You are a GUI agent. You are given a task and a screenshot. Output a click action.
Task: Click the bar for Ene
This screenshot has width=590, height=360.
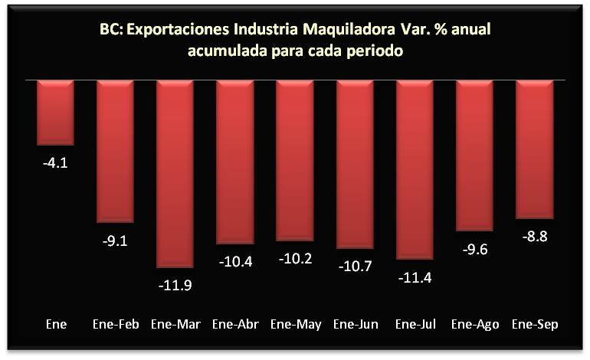[56, 112]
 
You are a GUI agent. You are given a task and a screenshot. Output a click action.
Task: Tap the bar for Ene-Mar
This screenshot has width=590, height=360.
[175, 173]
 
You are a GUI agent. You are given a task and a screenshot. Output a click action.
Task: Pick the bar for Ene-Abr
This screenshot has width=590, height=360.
[235, 162]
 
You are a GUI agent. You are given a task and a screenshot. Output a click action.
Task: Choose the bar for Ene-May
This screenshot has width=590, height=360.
[295, 160]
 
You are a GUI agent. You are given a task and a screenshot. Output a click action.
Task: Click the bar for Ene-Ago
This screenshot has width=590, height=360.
[475, 155]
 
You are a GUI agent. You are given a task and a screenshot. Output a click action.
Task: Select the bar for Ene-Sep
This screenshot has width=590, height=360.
[535, 149]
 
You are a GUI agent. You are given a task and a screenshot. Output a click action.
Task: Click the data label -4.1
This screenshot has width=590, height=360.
[56, 163]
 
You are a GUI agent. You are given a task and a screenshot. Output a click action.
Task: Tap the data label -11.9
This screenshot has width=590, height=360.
[175, 286]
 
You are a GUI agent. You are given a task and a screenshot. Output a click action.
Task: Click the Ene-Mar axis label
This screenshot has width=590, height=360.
[175, 324]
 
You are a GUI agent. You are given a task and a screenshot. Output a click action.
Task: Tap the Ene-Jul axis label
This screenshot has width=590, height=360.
[415, 324]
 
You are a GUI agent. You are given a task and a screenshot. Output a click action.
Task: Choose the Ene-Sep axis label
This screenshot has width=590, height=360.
[535, 324]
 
